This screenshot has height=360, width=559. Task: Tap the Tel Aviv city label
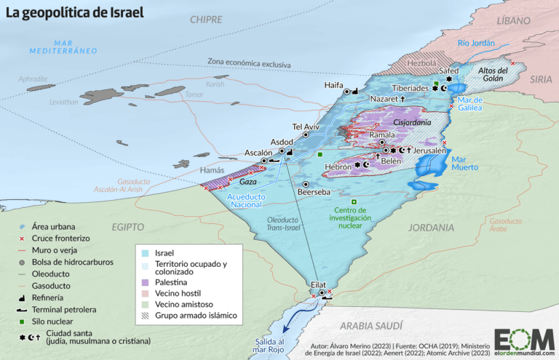click(x=306, y=125)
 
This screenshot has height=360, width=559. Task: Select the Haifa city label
click(x=333, y=85)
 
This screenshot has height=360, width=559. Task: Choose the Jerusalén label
click(x=430, y=150)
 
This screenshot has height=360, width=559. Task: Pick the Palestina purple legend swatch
click(x=146, y=281)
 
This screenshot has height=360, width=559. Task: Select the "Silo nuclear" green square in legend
click(x=22, y=321)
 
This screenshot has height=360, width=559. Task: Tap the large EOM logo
click(x=523, y=338)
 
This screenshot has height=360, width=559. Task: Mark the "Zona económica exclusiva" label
click(x=249, y=63)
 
